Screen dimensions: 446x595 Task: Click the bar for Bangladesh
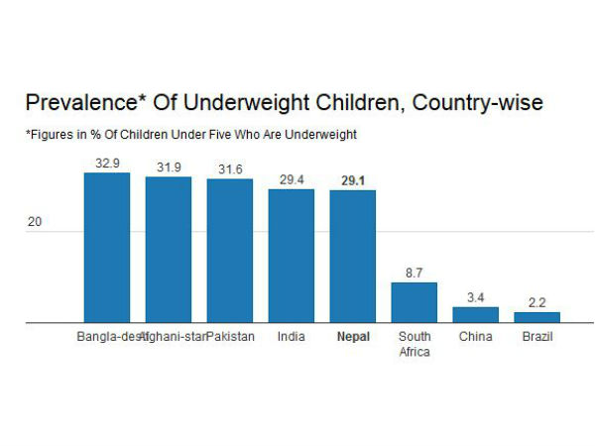pyautogui.click(x=106, y=248)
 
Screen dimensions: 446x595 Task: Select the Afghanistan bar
pyautogui.click(x=168, y=250)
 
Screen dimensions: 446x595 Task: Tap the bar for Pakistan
pyautogui.click(x=229, y=251)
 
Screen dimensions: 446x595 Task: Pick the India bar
pyautogui.click(x=291, y=256)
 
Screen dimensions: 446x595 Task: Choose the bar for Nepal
pyautogui.click(x=352, y=257)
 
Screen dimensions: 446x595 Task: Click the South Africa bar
pyautogui.click(x=414, y=302)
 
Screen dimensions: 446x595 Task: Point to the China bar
pyautogui.click(x=475, y=315)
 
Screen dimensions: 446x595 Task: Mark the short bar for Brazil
pyautogui.click(x=536, y=317)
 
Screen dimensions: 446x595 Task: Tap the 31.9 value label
pyautogui.click(x=168, y=167)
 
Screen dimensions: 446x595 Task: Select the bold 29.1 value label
pyautogui.click(x=352, y=181)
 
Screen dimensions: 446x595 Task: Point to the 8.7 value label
pyautogui.click(x=414, y=273)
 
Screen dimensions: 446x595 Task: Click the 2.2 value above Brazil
pyautogui.click(x=536, y=302)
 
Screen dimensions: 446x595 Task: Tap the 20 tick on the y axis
pyautogui.click(x=35, y=223)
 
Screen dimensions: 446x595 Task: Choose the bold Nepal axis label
pyautogui.click(x=352, y=337)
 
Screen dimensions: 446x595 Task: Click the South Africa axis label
pyautogui.click(x=414, y=344)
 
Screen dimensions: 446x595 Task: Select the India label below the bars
pyautogui.click(x=291, y=337)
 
